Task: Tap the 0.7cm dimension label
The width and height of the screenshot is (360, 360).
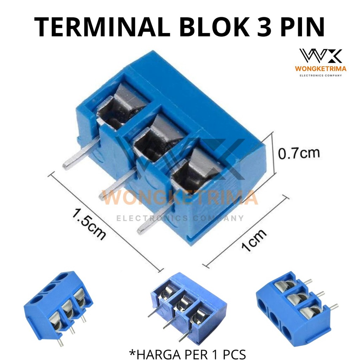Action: pos(299,154)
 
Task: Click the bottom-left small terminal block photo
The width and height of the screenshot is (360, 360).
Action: pos(58,306)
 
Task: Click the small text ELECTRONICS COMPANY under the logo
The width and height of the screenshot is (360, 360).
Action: pos(320,75)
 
